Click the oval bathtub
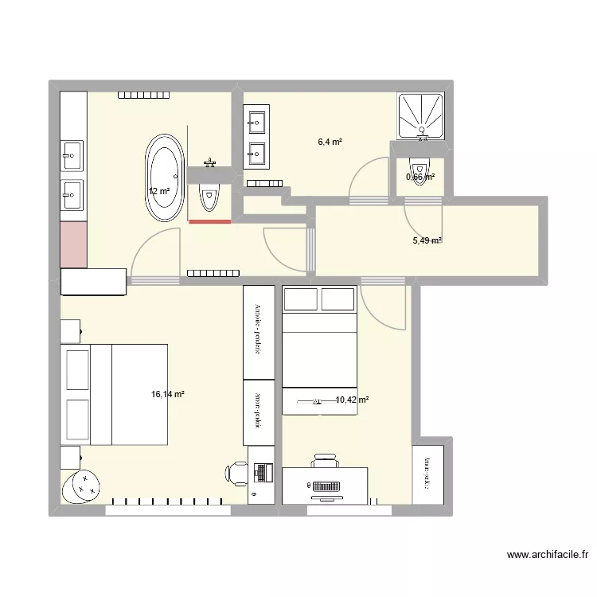click(x=166, y=179)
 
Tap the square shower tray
click(x=420, y=115)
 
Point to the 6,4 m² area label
click(x=330, y=142)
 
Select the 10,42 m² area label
click(x=351, y=400)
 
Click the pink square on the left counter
click(x=73, y=244)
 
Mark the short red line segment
click(x=209, y=222)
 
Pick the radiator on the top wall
click(x=144, y=96)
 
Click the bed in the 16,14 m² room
click(x=116, y=394)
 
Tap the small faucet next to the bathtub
click(x=210, y=163)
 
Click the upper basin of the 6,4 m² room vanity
click(x=256, y=122)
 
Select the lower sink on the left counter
click(x=72, y=193)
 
